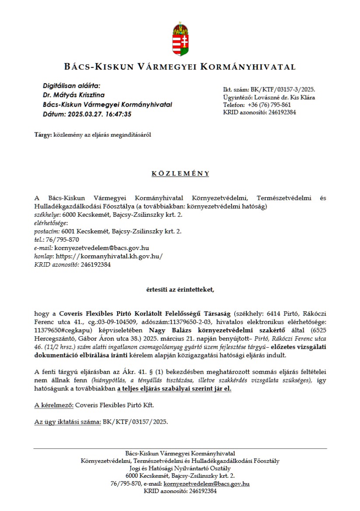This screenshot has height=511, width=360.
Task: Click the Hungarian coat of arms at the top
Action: coord(180,39)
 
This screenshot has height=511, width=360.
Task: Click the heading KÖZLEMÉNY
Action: coord(180,174)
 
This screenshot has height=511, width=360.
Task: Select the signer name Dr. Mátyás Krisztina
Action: coord(73,95)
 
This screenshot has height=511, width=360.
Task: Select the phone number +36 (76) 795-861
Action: coord(270,105)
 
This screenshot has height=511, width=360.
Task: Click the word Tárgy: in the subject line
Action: coord(43,135)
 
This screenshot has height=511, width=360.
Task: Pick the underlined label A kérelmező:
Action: coord(54,405)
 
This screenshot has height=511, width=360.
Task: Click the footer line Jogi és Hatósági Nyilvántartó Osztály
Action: coord(180,468)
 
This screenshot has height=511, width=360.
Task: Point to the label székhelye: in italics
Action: coord(47,215)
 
